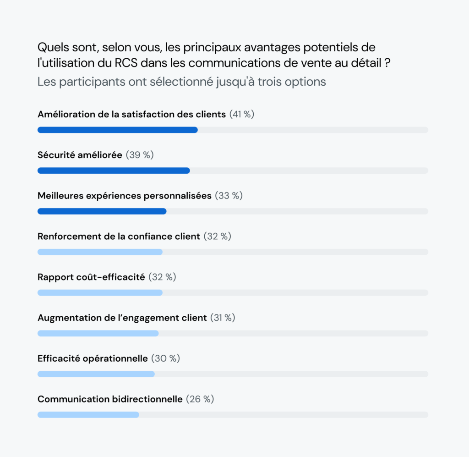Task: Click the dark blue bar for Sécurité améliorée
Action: [114, 171]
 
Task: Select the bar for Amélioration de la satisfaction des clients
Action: [117, 130]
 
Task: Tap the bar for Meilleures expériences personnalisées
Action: [102, 211]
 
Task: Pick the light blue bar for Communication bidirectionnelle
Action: [88, 415]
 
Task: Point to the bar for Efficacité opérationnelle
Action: [96, 374]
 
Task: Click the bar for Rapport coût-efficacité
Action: [100, 292]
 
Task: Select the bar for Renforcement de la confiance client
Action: [100, 252]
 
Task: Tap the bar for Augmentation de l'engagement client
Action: [98, 333]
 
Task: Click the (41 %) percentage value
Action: [241, 115]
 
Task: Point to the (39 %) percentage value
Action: [140, 155]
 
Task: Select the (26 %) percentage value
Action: [200, 399]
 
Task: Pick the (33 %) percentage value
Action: [229, 196]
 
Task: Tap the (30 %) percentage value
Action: [165, 358]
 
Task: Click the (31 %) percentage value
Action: [223, 318]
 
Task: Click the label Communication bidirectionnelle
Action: [110, 399]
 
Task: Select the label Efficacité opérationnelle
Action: [93, 358]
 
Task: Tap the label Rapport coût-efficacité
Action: [91, 277]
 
